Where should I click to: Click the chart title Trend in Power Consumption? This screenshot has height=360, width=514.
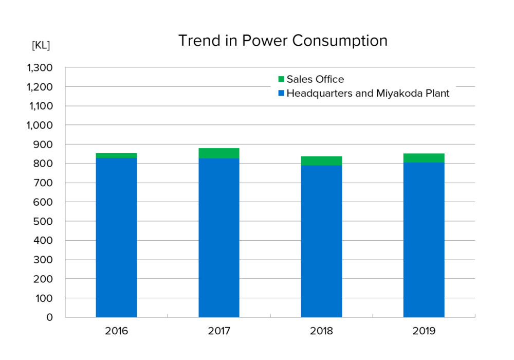tap(283, 41)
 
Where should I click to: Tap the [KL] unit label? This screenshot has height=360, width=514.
tap(41, 45)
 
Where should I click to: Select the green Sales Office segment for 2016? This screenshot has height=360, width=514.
tap(116, 155)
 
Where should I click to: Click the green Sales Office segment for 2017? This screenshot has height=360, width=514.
tap(219, 153)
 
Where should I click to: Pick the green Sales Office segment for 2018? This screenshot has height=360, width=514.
tap(322, 160)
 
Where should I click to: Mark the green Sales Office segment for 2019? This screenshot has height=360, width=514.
tap(424, 158)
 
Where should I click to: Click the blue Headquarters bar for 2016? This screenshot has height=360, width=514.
tap(116, 238)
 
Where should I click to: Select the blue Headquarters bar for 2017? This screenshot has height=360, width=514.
tap(219, 238)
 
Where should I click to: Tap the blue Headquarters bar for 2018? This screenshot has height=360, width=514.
tap(322, 241)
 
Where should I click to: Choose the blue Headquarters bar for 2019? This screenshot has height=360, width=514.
tap(424, 240)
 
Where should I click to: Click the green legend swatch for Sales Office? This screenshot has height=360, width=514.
tap(281, 79)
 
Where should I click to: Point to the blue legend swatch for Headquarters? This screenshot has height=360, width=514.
tap(281, 93)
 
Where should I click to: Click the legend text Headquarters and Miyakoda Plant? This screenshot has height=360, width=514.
tap(368, 94)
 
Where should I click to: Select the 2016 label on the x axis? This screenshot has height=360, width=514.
tap(116, 331)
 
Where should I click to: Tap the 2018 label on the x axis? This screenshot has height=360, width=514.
tap(321, 331)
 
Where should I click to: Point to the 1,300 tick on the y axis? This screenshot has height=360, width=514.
tap(40, 68)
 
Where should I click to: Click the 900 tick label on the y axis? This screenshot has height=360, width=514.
tap(43, 145)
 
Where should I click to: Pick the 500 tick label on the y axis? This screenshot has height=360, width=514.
tap(43, 221)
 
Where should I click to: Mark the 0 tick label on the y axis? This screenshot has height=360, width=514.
tap(49, 317)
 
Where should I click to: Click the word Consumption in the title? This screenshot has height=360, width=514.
tap(340, 41)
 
